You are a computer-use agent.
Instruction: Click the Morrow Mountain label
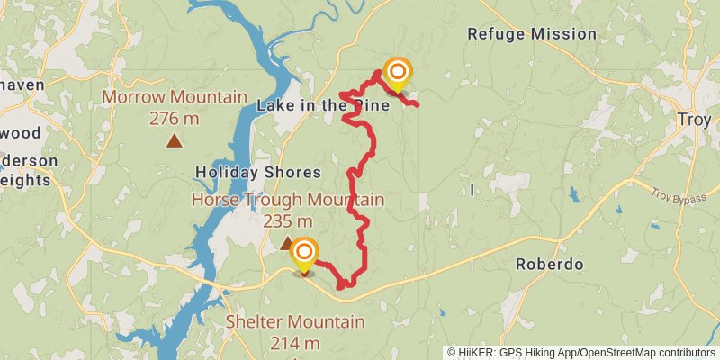tap(175, 97)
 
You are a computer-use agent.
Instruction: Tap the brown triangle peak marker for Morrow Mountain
tap(174, 140)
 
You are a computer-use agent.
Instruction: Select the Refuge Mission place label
tap(532, 34)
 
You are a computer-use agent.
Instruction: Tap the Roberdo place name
tap(549, 265)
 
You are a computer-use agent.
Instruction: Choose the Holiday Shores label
tap(258, 173)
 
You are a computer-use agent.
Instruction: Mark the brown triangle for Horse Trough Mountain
tap(286, 242)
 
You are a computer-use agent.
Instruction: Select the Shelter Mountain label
tap(295, 322)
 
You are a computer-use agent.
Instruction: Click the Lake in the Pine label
tap(323, 106)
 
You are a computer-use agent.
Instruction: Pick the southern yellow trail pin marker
tap(304, 254)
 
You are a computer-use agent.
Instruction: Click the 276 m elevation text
tap(175, 118)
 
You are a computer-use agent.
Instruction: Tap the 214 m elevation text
tap(294, 343)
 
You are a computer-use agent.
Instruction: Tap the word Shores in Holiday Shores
tap(291, 173)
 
